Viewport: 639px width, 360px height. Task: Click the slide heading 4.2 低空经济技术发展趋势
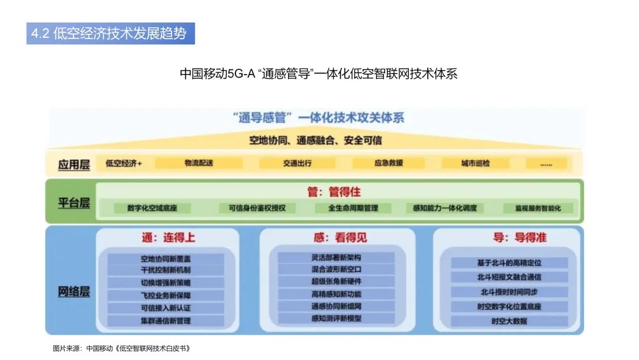click(x=111, y=33)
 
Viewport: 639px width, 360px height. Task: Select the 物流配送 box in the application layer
click(x=199, y=163)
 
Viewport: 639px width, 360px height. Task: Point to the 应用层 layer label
click(x=74, y=164)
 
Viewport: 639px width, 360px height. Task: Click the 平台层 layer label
click(x=74, y=202)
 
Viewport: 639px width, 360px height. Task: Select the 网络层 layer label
click(x=74, y=291)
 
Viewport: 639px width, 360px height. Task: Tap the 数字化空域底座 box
click(x=152, y=208)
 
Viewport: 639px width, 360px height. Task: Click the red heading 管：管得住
click(x=334, y=192)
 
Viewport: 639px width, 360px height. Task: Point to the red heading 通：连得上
click(x=168, y=238)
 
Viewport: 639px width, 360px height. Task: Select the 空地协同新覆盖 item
click(x=166, y=259)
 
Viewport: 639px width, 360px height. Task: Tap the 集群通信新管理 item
click(x=166, y=320)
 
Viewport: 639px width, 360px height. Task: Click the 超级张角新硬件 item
click(x=336, y=281)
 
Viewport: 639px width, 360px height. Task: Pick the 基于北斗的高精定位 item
click(x=509, y=262)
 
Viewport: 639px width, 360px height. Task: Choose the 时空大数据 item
click(x=509, y=321)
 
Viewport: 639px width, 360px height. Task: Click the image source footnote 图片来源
click(x=121, y=348)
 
